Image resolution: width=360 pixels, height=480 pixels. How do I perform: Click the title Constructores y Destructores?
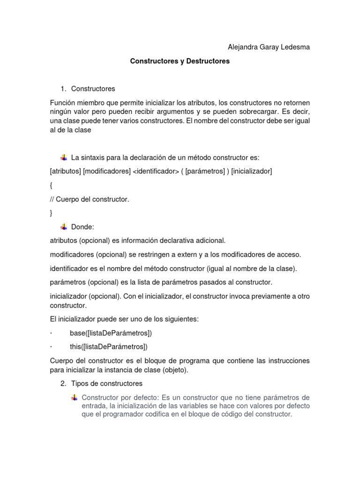(180, 61)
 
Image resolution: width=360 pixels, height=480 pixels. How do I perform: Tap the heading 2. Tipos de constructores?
(101, 383)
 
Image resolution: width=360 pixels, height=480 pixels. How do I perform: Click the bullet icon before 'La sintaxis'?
(64, 157)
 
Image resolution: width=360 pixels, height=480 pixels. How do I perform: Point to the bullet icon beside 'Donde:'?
(64, 227)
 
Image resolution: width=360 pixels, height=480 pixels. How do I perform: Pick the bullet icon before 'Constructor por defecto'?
(74, 397)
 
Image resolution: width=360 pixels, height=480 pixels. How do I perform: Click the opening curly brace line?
(51, 185)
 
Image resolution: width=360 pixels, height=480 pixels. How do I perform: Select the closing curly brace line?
(51, 213)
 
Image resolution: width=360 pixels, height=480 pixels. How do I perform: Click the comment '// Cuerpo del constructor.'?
(89, 199)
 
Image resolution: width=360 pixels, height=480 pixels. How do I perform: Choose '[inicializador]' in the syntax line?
(251, 171)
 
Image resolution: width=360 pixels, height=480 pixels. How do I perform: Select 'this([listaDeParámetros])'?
(109, 347)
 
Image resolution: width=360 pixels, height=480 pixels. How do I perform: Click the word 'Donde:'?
(83, 227)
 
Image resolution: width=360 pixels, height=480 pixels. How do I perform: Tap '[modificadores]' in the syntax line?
(107, 171)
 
